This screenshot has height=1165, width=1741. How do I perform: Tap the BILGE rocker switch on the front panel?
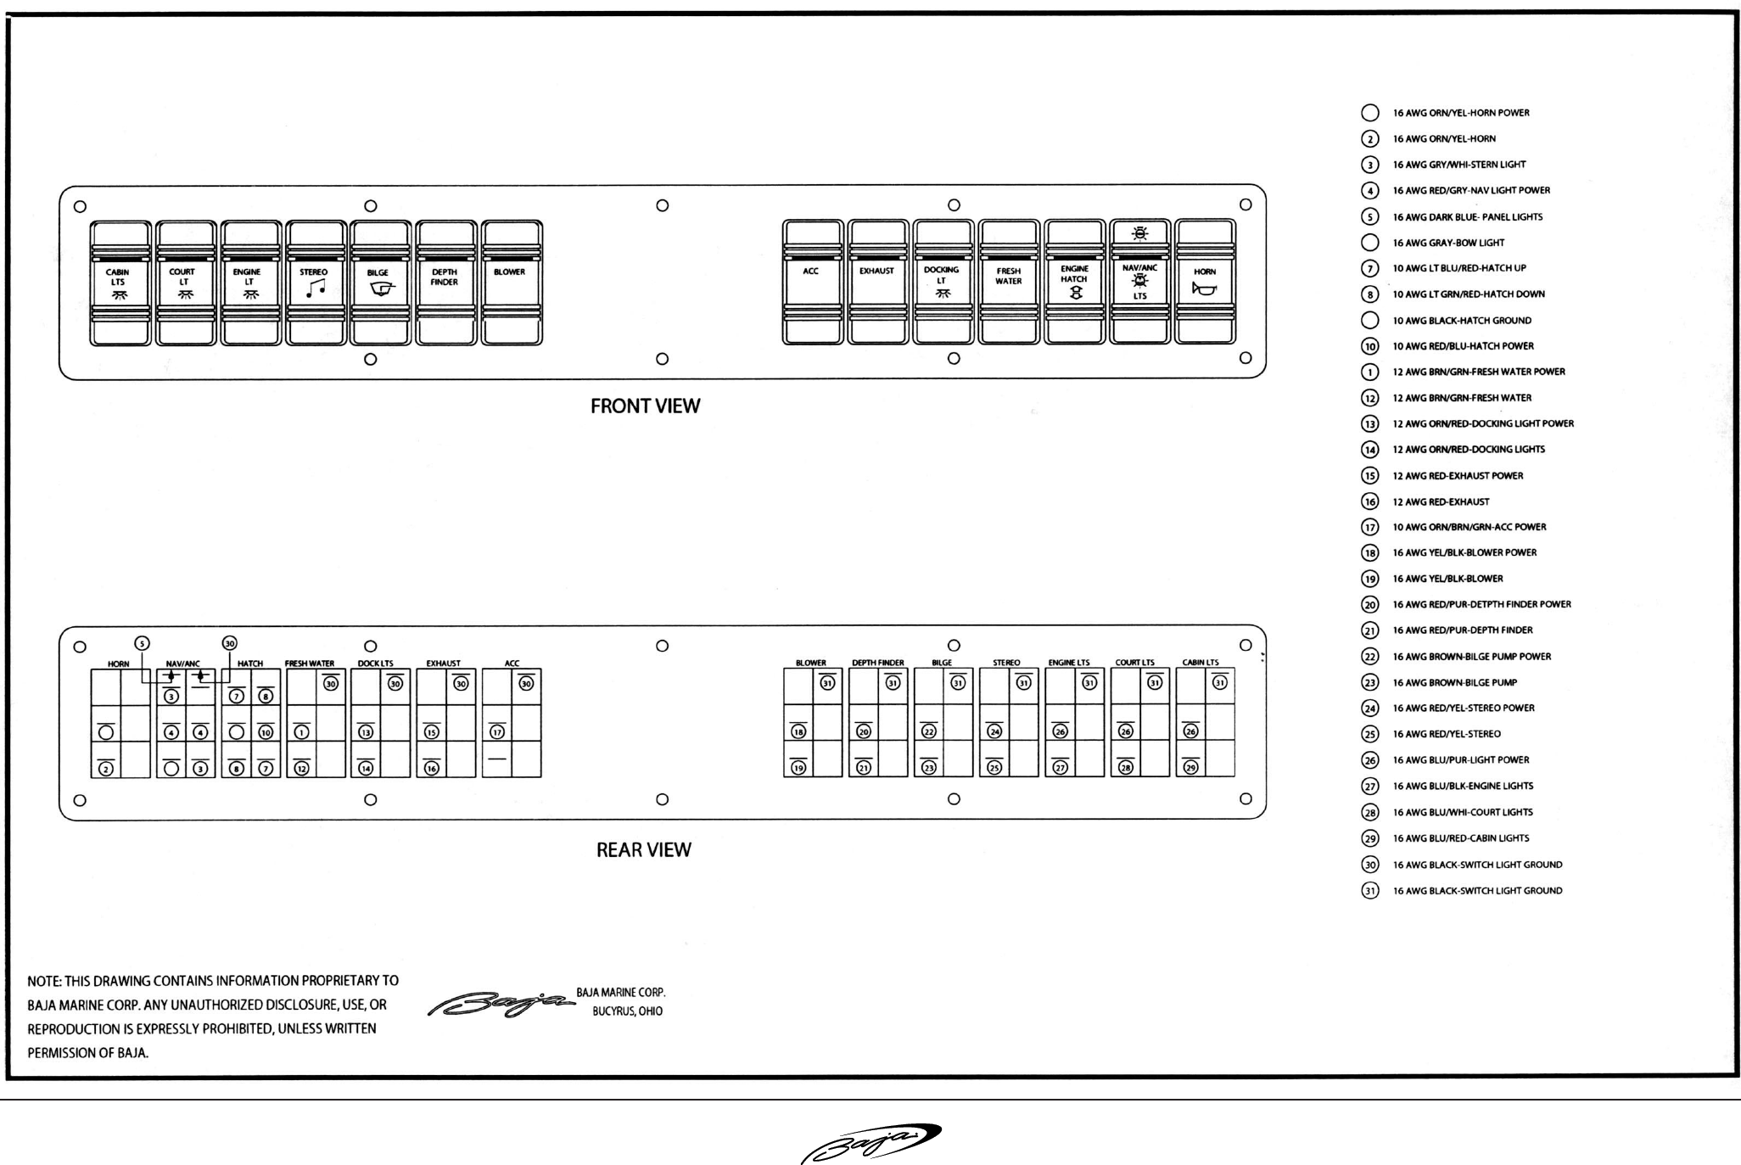tap(380, 283)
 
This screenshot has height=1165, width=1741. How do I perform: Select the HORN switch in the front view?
tap(1205, 283)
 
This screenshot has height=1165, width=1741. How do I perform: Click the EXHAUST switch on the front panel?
tap(877, 283)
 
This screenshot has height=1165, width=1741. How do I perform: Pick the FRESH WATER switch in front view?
tap(1008, 283)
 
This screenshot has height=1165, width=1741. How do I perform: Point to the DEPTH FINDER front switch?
tap(445, 283)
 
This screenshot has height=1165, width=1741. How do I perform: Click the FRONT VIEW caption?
tap(645, 406)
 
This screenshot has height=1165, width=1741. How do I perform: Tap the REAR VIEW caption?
tap(643, 850)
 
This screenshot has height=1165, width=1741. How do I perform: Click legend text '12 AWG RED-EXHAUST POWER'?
tap(1458, 476)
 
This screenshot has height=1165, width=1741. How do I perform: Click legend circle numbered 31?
tap(1369, 891)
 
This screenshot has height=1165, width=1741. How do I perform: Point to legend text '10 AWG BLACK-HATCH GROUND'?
tap(1462, 321)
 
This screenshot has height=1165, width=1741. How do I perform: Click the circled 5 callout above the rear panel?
tap(143, 643)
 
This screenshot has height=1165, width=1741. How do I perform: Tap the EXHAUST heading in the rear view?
tap(443, 664)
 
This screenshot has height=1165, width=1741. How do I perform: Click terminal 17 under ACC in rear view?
tap(497, 732)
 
